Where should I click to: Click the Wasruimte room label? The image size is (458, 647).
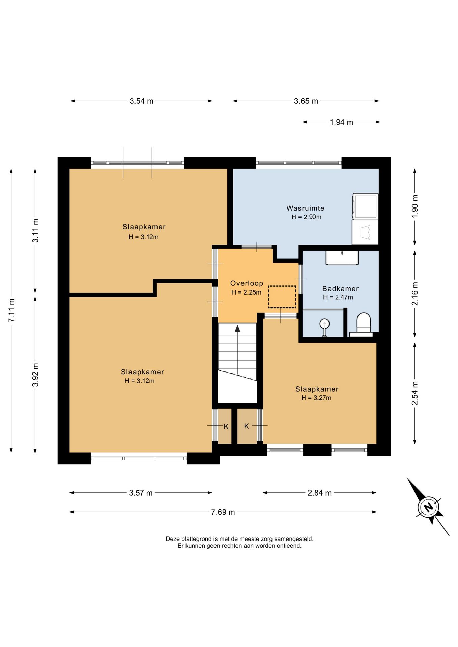tap(305, 208)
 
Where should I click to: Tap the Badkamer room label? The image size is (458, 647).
tap(340, 289)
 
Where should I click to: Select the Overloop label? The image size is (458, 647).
tap(247, 283)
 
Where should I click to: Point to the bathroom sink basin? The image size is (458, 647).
tap(342, 257)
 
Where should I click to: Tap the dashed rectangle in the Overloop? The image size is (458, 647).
tap(282, 297)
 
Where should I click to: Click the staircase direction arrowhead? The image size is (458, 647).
tap(237, 328)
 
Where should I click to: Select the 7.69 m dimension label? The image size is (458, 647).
tap(223, 512)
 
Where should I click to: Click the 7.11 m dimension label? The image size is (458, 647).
tap(11, 310)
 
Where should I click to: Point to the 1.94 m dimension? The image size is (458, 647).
tap(341, 122)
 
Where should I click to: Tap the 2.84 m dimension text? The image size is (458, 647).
tap(319, 493)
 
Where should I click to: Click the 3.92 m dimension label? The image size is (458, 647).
tap(35, 375)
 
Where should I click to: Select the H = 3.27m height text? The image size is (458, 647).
tap(316, 398)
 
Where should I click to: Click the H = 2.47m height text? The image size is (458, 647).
tap(338, 297)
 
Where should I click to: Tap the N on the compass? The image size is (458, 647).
tap(428, 507)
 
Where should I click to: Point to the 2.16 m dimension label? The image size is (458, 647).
tap(415, 294)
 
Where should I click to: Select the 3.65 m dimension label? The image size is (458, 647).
tap(306, 101)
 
